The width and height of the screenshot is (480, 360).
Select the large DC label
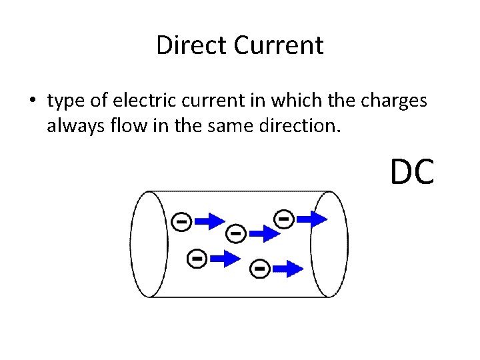pyautogui.click(x=413, y=171)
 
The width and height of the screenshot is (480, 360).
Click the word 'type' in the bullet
pyautogui.click(x=67, y=102)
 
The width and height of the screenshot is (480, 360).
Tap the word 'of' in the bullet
pyautogui.click(x=97, y=101)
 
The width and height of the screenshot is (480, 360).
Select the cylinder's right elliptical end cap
pyautogui.click(x=329, y=244)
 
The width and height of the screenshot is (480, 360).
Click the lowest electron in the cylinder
pyautogui.click(x=259, y=269)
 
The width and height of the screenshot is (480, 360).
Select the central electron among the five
pyautogui.click(x=235, y=233)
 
